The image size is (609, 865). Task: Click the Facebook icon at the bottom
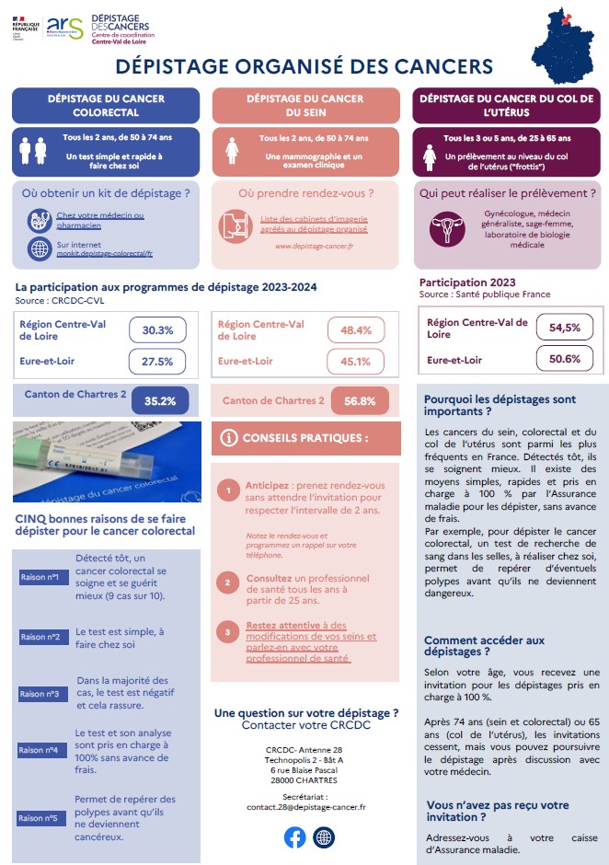pyautogui.click(x=295, y=837)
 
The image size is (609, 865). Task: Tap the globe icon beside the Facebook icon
pyautogui.click(x=324, y=837)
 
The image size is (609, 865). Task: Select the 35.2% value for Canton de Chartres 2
pyautogui.click(x=160, y=401)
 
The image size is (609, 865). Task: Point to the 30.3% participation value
pyautogui.click(x=157, y=329)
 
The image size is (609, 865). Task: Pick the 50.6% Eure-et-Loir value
pyautogui.click(x=565, y=359)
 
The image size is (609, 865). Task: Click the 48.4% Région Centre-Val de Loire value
pyautogui.click(x=356, y=329)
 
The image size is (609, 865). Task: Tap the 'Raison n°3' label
pyautogui.click(x=40, y=694)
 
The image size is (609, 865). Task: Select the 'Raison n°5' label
pyautogui.click(x=40, y=818)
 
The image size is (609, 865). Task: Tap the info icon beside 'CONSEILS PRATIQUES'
pyautogui.click(x=229, y=438)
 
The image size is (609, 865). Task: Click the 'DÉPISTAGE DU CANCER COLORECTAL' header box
pyautogui.click(x=106, y=106)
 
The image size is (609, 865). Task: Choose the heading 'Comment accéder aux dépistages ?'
pyautogui.click(x=484, y=646)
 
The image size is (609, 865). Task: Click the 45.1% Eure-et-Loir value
pyautogui.click(x=356, y=362)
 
